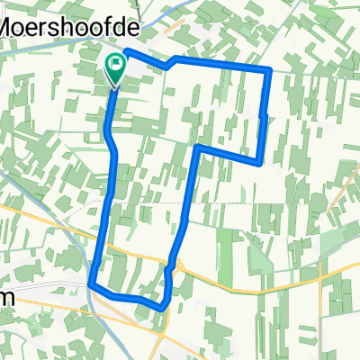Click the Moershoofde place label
pos(49,28)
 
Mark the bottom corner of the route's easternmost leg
pos(259,163)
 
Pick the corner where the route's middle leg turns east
pos(198,147)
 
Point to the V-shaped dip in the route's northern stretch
pos(166,68)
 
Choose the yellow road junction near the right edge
pos(322,272)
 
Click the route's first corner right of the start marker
pos(126,51)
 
